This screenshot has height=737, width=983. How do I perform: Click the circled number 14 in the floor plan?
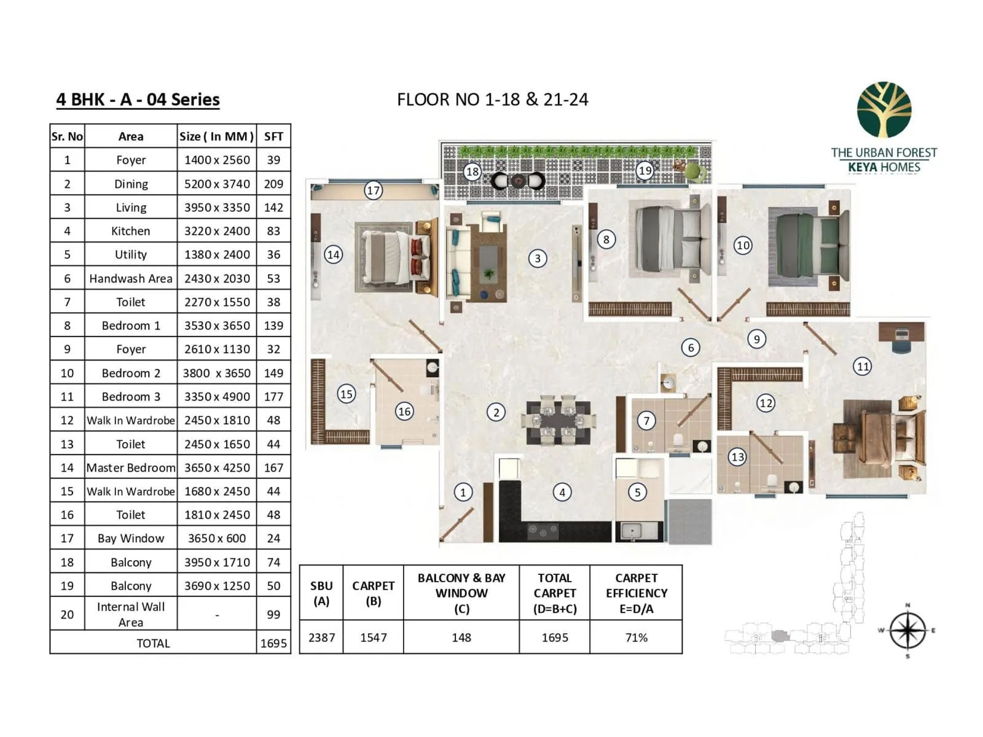tap(333, 254)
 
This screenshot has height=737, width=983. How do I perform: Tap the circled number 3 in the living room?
tap(538, 259)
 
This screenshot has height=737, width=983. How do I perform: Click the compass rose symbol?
tap(907, 631)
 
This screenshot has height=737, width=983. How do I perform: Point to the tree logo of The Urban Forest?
tap(884, 110)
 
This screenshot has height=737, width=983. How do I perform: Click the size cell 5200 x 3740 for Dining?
tap(217, 184)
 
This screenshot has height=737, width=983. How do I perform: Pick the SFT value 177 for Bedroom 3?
tap(273, 397)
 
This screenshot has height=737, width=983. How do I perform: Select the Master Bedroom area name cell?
tap(131, 467)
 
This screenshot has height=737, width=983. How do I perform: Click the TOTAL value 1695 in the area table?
tap(273, 643)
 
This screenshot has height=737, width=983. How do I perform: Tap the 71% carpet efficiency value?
tap(636, 638)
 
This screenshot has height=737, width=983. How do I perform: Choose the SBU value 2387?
tap(321, 638)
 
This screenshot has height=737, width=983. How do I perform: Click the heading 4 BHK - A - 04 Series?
tap(138, 99)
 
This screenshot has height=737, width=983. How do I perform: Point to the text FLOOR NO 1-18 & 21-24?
tap(492, 99)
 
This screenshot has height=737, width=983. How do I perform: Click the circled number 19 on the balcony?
tap(644, 170)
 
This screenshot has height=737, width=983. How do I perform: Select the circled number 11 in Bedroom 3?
tap(863, 367)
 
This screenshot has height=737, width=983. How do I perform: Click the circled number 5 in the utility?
tap(637, 492)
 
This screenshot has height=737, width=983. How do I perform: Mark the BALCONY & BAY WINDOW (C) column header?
tap(461, 593)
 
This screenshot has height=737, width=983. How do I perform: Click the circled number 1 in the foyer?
tap(463, 492)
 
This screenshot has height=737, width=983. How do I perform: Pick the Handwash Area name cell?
tap(131, 278)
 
